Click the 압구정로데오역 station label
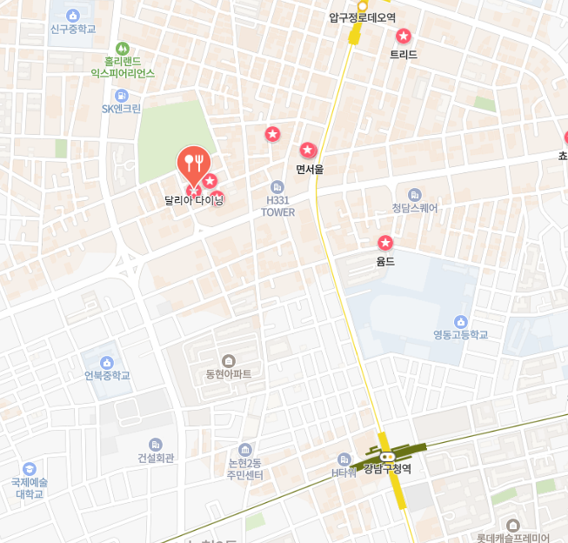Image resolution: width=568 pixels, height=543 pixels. [x=362, y=17]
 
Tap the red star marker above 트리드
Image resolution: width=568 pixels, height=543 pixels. [x=404, y=37]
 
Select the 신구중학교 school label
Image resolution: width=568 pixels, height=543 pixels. [x=72, y=29]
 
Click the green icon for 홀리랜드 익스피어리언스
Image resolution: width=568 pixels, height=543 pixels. [x=123, y=49]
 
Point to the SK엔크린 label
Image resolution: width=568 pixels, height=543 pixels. [x=121, y=109]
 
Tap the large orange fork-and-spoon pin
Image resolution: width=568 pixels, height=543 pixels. [x=194, y=163]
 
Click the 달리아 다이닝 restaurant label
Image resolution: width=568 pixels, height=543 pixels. [x=194, y=200]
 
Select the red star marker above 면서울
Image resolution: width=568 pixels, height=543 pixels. [x=307, y=151]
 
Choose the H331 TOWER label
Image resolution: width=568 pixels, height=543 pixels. [x=278, y=206]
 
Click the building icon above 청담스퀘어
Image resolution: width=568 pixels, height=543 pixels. [x=415, y=194]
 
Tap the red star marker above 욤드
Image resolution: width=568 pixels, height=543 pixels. [x=385, y=243]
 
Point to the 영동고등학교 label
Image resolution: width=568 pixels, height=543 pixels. [x=460, y=335]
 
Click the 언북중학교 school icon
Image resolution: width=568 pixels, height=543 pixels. [x=107, y=362]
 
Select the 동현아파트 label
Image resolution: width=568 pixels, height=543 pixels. [x=228, y=374]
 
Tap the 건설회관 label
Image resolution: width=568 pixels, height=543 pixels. [x=156, y=458]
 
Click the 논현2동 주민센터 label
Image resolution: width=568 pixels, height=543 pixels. [x=244, y=469]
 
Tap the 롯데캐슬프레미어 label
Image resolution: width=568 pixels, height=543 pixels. [x=513, y=538]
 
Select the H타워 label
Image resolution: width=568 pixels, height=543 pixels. [x=344, y=473]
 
